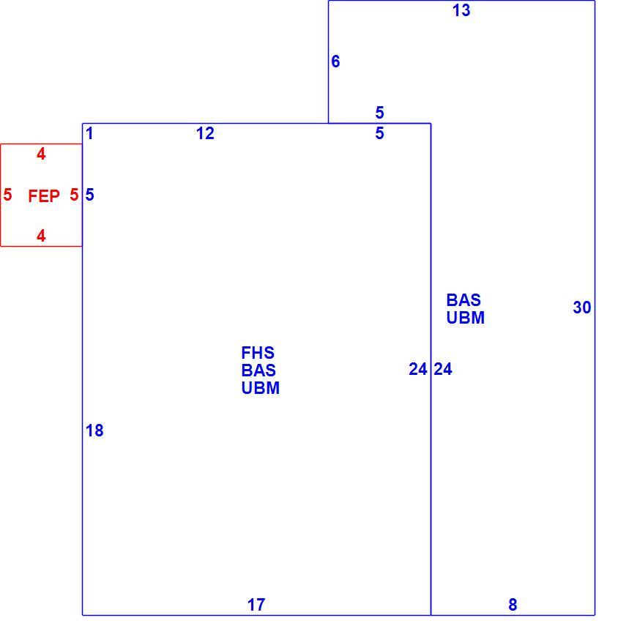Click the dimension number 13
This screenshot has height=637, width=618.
coord(461,10)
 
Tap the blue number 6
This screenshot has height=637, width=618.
coord(335,62)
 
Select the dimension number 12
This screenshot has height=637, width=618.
coord(205,133)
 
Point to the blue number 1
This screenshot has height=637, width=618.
coord(90,133)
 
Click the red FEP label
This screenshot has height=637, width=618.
coord(44,196)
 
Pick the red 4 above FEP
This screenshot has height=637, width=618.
coord(41,154)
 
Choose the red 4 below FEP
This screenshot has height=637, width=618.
coord(41,236)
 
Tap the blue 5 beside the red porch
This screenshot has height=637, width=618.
coord(90,195)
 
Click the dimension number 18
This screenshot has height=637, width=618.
coord(94,431)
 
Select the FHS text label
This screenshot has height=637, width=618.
coord(258,353)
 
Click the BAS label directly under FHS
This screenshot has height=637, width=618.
coord(258,370)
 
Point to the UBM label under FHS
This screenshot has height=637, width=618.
coord(261,388)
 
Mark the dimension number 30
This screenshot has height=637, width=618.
coord(582,308)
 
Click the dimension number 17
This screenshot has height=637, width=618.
coord(256,605)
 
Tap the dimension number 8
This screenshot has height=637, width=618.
coord(513,605)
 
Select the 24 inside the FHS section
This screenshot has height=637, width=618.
coord(418,369)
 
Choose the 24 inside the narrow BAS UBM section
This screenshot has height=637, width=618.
coord(443,369)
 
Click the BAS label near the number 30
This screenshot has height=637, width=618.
coord(463,300)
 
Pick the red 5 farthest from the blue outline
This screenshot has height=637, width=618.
coord(7,195)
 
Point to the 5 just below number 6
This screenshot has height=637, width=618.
coord(379,113)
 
